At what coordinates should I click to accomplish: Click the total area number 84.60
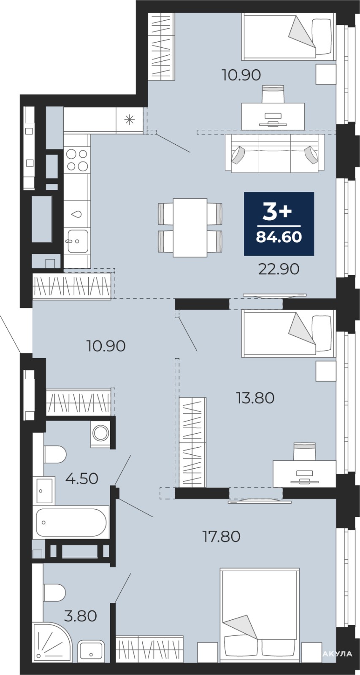[x=279, y=237]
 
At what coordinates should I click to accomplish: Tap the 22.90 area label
[x=279, y=269]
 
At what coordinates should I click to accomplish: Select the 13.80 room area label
[x=255, y=398]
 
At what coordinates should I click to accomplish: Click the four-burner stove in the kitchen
[x=77, y=160]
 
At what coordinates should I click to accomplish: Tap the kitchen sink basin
[x=78, y=241]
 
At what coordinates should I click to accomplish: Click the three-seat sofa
[x=275, y=154]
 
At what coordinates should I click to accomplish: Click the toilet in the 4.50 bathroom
[x=55, y=455]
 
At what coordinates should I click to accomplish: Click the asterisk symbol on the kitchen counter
[x=129, y=120]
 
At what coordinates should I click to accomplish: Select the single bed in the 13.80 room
[x=289, y=334]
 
